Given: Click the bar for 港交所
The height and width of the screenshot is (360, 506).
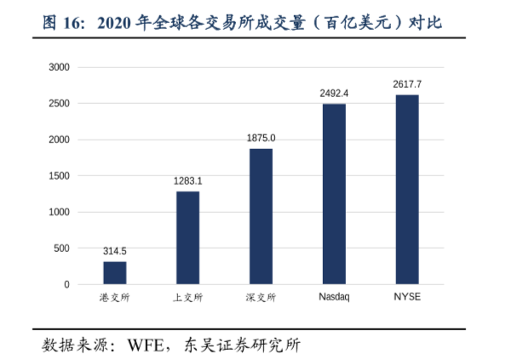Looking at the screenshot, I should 115,273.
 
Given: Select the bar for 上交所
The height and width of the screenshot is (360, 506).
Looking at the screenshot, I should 187,238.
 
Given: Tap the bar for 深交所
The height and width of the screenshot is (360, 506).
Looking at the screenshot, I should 261,217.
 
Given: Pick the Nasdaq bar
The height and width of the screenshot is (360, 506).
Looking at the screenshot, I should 334,194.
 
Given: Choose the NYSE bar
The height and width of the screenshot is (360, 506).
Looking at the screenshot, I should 407,190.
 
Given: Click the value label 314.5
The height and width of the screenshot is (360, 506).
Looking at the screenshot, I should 115,251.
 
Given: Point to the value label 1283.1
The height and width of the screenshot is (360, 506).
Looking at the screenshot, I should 187,180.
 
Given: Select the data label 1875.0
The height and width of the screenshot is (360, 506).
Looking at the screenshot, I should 261,138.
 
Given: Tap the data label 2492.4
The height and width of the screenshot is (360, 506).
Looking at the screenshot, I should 334,93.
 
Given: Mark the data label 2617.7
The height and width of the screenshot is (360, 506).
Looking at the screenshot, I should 407,84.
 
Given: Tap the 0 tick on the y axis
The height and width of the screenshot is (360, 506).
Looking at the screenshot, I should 66,284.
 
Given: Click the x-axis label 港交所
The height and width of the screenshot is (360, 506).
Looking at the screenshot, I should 115,298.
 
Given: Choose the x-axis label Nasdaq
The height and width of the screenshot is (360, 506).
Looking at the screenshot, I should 334,298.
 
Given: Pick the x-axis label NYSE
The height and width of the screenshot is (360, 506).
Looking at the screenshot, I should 407,298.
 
